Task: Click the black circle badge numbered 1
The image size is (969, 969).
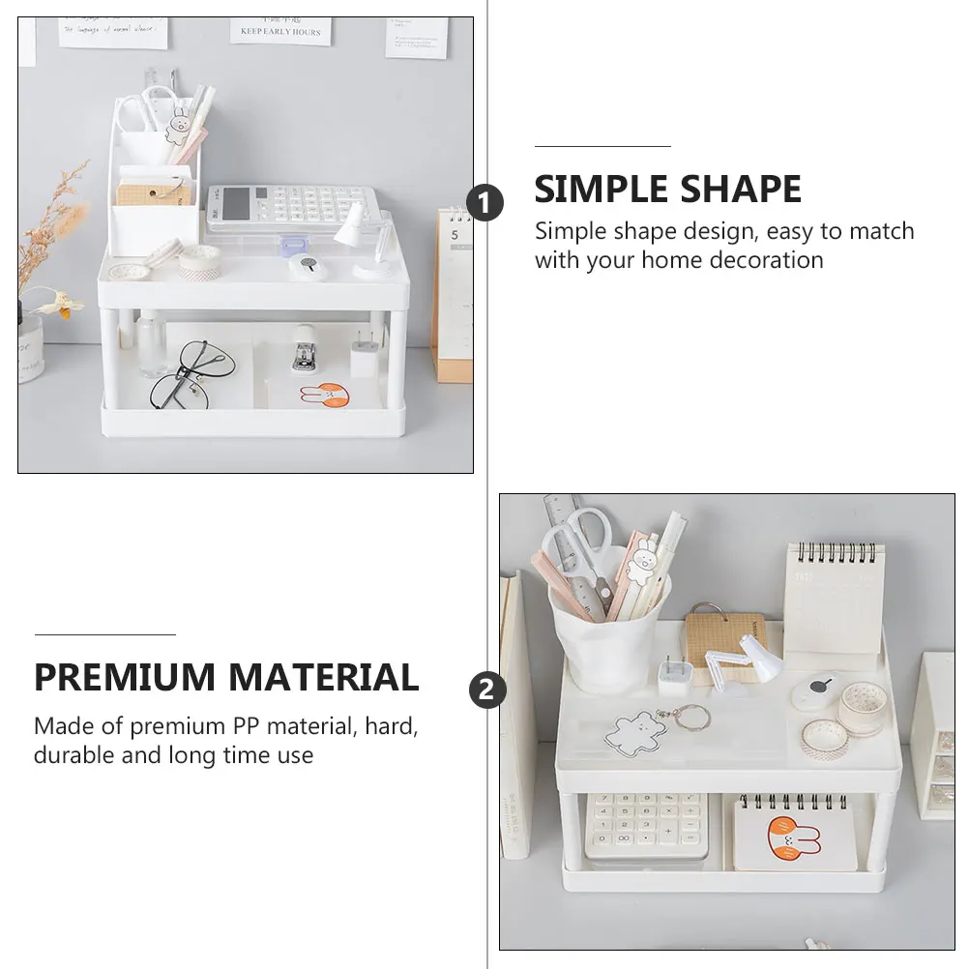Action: click(485, 204)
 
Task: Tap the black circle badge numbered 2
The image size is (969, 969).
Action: click(487, 690)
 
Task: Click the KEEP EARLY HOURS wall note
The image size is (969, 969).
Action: click(280, 30)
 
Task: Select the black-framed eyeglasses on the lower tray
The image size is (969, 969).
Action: click(191, 374)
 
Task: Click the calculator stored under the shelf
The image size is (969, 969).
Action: click(645, 825)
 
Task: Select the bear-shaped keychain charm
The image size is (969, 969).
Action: click(635, 732)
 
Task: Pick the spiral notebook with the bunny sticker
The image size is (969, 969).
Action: click(791, 833)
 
